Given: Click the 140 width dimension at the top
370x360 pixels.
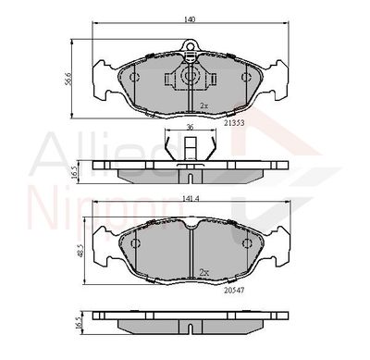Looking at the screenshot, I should click(x=189, y=18).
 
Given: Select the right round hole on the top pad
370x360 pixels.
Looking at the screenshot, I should click(x=245, y=77).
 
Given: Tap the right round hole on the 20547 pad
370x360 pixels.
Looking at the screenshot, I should click(x=247, y=243).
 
